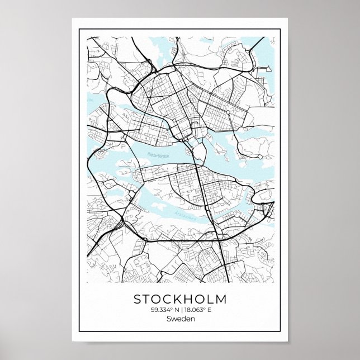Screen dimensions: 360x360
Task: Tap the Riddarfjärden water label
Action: (158, 155)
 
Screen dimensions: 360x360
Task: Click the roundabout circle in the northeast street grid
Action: (228, 112)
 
